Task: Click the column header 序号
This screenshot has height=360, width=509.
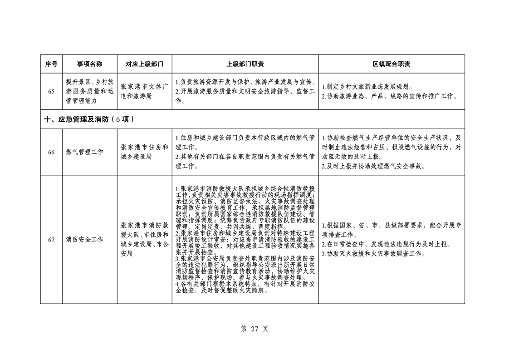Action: click(51, 64)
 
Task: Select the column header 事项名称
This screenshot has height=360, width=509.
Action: click(89, 64)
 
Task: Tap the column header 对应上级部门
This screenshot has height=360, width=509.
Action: click(144, 64)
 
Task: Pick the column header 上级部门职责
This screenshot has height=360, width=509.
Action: click(245, 64)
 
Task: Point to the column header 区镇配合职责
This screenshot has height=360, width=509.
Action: click(392, 64)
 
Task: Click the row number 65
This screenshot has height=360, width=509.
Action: click(51, 92)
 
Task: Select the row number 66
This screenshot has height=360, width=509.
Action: click(51, 152)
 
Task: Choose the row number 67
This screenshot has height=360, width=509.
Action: click(51, 239)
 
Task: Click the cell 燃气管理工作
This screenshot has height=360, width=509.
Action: click(84, 152)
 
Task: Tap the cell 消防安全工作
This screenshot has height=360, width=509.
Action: click(84, 239)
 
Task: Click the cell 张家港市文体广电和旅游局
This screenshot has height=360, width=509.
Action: click(144, 92)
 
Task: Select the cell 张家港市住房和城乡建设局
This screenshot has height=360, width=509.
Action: click(144, 152)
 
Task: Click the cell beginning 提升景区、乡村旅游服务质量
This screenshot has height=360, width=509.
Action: click(89, 92)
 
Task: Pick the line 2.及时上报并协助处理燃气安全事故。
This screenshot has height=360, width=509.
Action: click(373, 166)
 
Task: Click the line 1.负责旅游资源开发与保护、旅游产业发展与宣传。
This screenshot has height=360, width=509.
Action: click(245, 82)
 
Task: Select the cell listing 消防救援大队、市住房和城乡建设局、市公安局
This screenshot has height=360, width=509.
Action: click(144, 239)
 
